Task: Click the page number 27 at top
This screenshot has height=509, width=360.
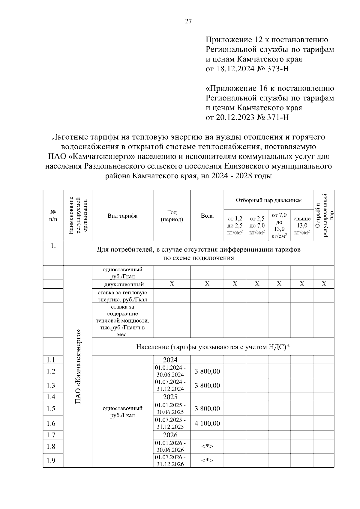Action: tap(188, 22)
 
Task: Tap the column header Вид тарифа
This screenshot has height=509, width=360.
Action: tap(122, 216)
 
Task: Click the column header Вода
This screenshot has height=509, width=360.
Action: tap(207, 216)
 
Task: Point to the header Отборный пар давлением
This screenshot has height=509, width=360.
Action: tap(268, 200)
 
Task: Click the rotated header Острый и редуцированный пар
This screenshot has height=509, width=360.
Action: tap(324, 215)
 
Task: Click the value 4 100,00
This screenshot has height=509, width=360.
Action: tap(207, 423)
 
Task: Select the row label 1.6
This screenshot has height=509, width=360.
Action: tap(51, 423)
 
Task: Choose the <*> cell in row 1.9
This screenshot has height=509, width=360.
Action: tap(207, 460)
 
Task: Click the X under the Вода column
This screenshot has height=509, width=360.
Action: tap(207, 284)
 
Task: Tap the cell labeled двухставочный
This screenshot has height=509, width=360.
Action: tap(122, 284)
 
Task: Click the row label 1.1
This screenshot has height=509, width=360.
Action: tap(51, 360)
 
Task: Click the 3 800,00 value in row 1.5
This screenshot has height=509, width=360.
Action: tap(207, 409)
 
